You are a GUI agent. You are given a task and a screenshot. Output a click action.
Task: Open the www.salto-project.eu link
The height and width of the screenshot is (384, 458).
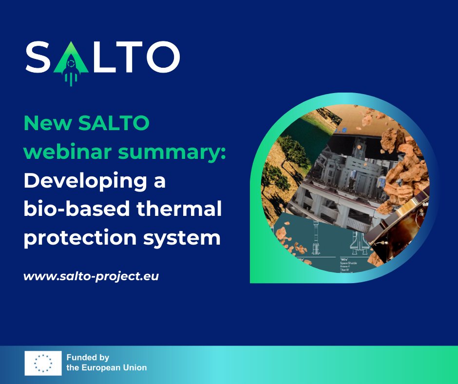pyautogui.click(x=91, y=276)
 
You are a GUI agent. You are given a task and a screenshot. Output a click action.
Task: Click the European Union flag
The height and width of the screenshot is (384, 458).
pyautogui.click(x=43, y=363)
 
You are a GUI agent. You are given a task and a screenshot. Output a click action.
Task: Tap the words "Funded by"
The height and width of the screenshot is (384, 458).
pyautogui.click(x=88, y=358)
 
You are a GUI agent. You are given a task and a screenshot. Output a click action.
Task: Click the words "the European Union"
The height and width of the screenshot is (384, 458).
pyautogui.click(x=107, y=368)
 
